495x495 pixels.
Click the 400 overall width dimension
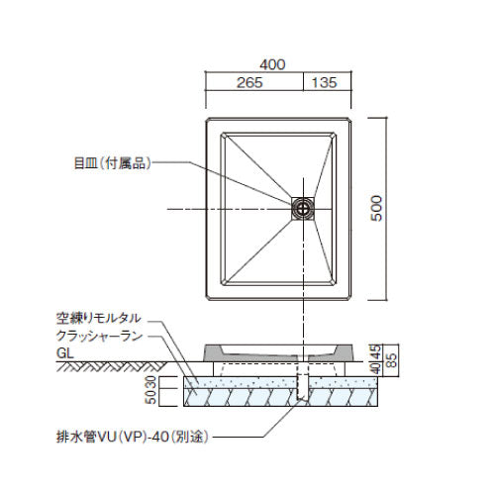(x=272, y=64)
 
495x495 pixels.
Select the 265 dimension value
(x=249, y=82)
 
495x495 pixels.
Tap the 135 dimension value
(x=325, y=82)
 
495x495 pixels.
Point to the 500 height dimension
(x=376, y=208)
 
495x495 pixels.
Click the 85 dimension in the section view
(x=391, y=360)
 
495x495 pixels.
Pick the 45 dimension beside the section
(x=376, y=352)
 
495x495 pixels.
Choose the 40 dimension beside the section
(x=376, y=368)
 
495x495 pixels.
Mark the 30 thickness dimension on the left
(x=151, y=382)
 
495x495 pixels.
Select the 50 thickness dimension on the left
(x=151, y=397)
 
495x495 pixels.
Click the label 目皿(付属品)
(x=112, y=163)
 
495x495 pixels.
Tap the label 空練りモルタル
(x=99, y=318)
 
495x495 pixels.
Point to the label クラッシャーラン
(x=99, y=336)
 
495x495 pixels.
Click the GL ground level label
(x=65, y=353)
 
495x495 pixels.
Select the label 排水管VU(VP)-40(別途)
(x=133, y=438)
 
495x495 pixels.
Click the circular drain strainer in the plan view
(x=303, y=208)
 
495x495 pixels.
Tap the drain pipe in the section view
(x=303, y=384)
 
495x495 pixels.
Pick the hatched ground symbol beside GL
(x=112, y=366)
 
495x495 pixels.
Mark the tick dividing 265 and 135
(x=303, y=81)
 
